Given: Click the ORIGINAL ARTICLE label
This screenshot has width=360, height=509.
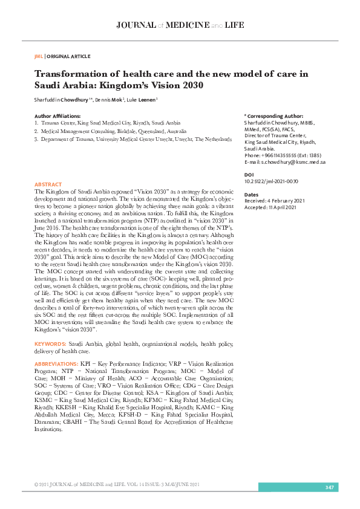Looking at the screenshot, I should click(x=69, y=56).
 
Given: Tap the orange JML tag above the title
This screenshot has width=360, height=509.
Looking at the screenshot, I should click(x=39, y=56).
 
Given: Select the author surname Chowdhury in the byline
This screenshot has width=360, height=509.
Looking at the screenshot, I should click(x=73, y=99).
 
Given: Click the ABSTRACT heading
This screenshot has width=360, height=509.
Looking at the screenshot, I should click(x=48, y=184).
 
